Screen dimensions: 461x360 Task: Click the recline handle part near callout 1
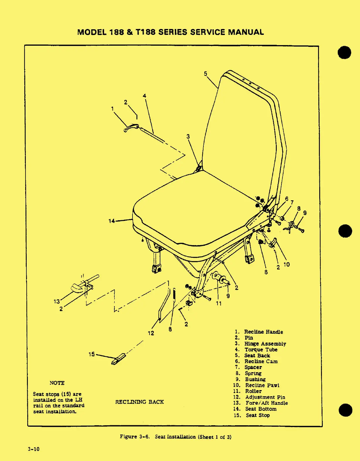[x=131, y=128]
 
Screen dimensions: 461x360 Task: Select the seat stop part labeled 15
[x=118, y=359]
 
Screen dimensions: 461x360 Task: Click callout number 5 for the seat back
[x=206, y=74]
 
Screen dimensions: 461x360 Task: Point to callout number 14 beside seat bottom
[x=112, y=221]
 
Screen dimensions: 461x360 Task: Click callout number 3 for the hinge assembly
[x=188, y=136]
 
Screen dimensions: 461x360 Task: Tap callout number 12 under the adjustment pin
[x=151, y=333]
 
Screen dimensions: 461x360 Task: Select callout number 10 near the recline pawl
[x=286, y=264]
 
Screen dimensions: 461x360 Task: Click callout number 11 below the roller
[x=219, y=303]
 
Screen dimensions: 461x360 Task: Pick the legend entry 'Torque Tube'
[x=261, y=350]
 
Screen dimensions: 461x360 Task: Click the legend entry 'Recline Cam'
[x=261, y=361]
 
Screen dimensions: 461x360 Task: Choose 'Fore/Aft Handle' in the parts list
[x=266, y=403]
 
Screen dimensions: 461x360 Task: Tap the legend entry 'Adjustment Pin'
[x=265, y=397]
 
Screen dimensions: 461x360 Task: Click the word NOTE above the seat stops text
[x=57, y=383]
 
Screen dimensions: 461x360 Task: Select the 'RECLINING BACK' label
[x=139, y=402]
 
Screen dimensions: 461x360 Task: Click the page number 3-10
[x=34, y=449]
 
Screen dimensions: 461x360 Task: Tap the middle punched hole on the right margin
[x=345, y=231]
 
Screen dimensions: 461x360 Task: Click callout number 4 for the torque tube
[x=145, y=96]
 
